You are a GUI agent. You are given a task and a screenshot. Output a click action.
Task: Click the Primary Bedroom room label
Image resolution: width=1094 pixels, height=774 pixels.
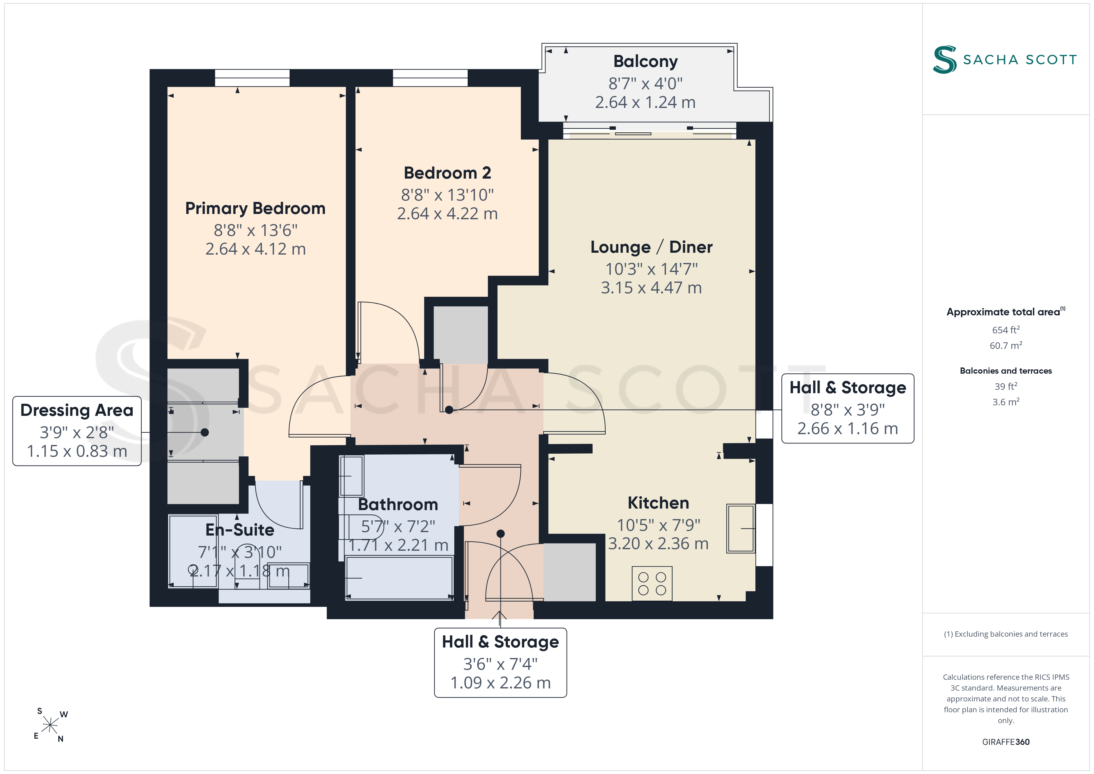tap(256, 209)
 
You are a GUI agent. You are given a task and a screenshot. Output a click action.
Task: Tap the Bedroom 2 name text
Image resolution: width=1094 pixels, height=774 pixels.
tap(447, 173)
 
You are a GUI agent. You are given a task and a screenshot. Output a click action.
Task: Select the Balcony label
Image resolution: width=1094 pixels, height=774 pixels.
tap(646, 61)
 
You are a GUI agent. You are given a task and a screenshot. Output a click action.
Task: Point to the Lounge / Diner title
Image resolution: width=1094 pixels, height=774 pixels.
tap(652, 247)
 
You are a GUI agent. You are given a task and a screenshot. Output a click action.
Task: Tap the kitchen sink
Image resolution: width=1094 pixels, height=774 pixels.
tap(741, 528)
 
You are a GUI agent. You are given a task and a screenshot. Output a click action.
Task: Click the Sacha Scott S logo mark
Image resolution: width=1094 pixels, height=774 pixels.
tap(945, 60)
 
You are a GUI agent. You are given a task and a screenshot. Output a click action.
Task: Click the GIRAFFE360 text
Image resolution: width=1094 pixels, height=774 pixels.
tap(1006, 742)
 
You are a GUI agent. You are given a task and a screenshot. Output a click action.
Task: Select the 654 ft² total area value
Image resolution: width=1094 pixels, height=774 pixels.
tap(1006, 330)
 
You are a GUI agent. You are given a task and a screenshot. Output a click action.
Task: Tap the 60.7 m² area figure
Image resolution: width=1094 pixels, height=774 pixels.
tap(1006, 345)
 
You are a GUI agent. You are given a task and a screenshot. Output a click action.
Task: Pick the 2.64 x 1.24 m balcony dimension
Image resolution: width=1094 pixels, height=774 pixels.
tap(646, 102)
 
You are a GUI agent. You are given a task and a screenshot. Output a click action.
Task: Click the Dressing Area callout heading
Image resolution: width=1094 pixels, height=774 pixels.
tap(77, 410)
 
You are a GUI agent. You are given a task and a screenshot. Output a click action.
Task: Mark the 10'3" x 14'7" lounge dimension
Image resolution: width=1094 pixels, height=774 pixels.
tap(652, 269)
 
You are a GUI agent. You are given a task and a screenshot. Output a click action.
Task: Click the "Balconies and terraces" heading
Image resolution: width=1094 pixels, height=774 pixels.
tap(1006, 371)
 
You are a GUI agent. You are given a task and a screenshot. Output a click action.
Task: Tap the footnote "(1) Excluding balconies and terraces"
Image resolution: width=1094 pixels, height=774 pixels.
tap(1006, 634)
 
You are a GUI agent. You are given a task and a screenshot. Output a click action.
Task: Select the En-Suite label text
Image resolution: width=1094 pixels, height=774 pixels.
tap(240, 530)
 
